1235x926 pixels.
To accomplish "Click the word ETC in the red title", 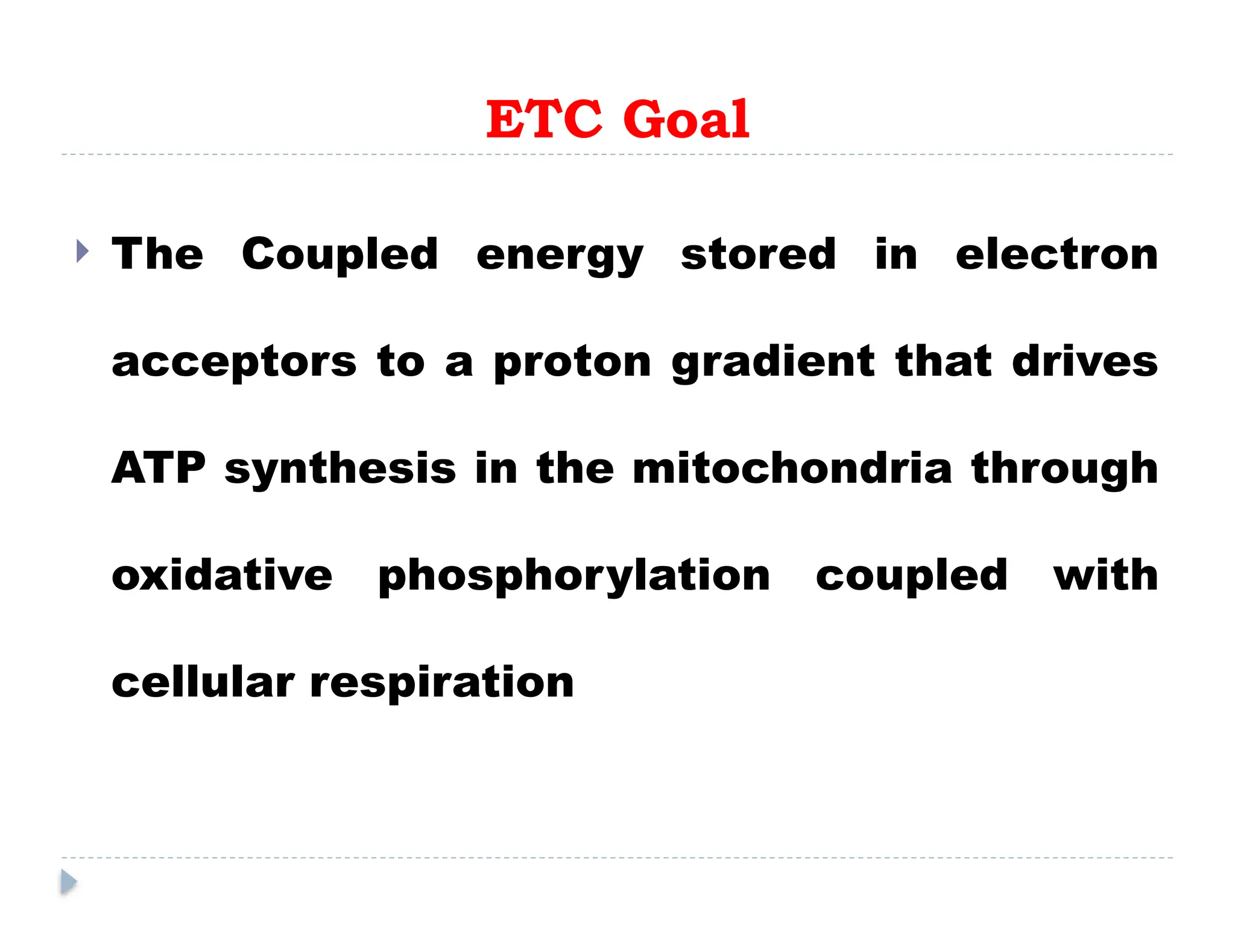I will coord(544,119).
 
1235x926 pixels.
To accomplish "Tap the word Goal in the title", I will coord(686,119).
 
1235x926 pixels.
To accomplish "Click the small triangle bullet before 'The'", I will coord(83,251).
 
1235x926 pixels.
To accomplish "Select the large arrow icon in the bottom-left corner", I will coord(69,882).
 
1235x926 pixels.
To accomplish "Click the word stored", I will coord(758,254).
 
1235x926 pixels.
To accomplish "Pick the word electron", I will coord(1057,254).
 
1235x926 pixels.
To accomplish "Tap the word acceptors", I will coord(234,362).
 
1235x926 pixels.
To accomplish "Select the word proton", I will coord(572,362).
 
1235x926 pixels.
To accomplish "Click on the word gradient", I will coord(773,362).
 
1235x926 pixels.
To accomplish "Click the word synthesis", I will coord(340,469).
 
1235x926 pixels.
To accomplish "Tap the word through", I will coord(1064,469).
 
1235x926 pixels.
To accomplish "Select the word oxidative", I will coord(222,575).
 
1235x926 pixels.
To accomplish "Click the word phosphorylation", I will coord(573,576).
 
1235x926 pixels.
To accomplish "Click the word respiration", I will coord(441,683).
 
